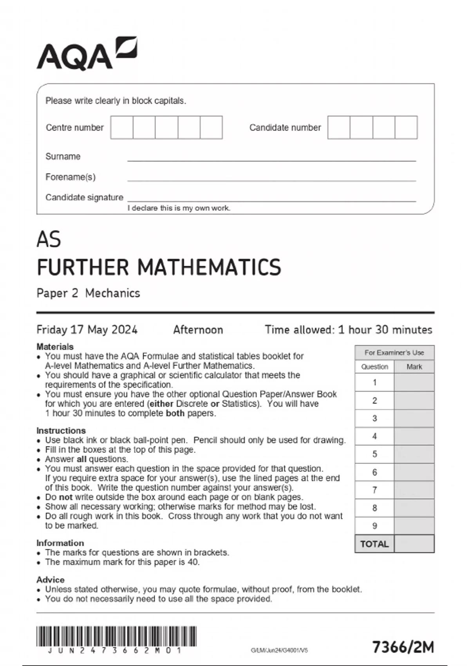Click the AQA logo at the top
[87, 54]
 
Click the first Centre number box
[122, 127]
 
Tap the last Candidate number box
[406, 127]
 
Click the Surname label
[63, 156]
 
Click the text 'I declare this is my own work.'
[179, 208]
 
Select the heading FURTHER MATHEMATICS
[159, 267]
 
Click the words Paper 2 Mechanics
[88, 293]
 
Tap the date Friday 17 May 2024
[87, 329]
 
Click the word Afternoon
[198, 329]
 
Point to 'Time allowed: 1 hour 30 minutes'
[348, 329]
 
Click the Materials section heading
[55, 347]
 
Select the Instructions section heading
[61, 431]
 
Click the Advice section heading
[51, 579]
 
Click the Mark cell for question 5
[414, 454]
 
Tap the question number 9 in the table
[374, 526]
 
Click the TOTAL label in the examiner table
[374, 544]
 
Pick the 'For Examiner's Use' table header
[394, 353]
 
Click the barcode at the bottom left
[116, 636]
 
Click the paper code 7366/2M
[403, 647]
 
